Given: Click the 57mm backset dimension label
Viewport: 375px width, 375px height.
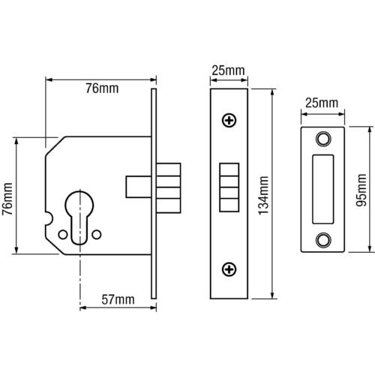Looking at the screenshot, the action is click(118, 299).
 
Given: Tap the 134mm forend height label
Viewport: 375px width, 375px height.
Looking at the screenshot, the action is click(263, 196).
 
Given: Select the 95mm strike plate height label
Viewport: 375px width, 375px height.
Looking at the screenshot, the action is click(361, 190).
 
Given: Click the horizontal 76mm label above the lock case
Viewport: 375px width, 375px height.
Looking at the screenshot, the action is click(102, 88).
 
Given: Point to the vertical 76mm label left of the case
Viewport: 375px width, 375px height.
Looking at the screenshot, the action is click(7, 199).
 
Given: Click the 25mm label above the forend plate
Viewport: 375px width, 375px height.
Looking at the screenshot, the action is click(228, 70).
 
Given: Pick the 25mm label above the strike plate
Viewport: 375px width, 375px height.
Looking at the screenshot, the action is click(322, 103).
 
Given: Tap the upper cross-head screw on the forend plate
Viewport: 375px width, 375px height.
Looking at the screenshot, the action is click(229, 121).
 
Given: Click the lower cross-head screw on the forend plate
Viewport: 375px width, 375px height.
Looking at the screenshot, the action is click(229, 269).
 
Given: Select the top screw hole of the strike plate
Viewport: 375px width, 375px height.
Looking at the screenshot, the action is click(322, 139).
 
